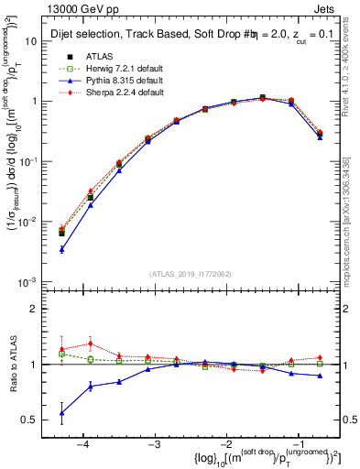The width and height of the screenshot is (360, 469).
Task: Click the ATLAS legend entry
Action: click(99, 56)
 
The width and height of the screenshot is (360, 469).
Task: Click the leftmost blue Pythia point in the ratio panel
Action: click(61, 413)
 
